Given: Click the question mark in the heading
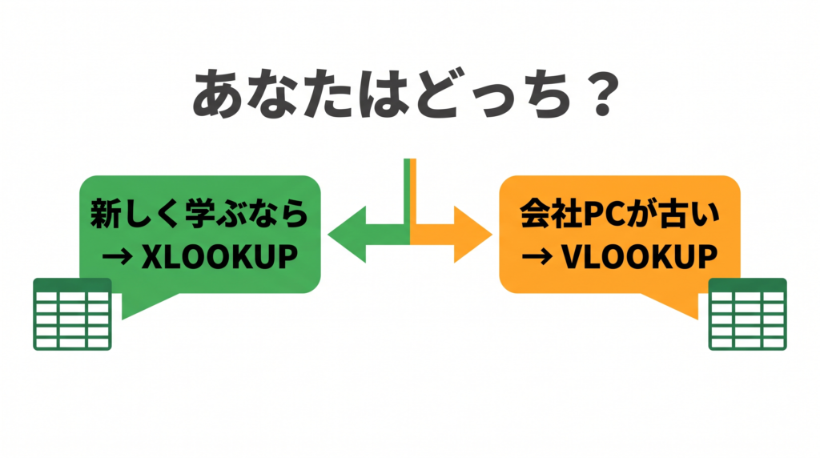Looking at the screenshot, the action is pos(602,93).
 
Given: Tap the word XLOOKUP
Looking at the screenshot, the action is pos(219,256).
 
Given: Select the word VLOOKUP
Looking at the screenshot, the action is pos(639,256).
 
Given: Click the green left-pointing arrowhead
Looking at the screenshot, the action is pos(348,235).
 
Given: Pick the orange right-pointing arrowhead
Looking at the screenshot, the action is pos(473,235).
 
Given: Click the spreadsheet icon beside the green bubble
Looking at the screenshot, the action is pos(72,314).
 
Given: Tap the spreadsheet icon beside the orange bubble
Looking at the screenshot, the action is pos(747,314).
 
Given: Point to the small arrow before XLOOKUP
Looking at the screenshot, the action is pos(117,257).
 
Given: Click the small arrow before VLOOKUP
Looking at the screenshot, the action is pos(537,257).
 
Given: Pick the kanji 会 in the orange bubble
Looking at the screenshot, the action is pos(535,214).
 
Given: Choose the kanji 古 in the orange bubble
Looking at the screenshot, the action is pos(673,214).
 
